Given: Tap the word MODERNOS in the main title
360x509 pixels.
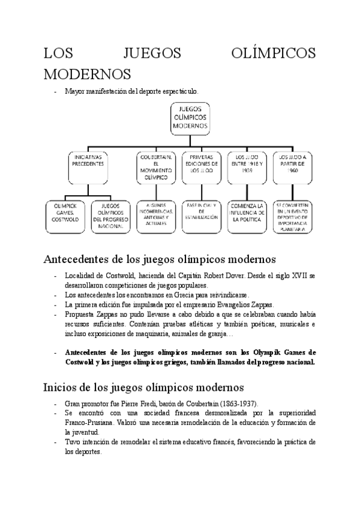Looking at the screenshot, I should (x=87, y=74).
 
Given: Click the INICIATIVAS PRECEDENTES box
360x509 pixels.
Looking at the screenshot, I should (x=88, y=168).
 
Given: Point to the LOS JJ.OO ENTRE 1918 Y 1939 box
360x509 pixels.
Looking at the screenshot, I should (x=246, y=168).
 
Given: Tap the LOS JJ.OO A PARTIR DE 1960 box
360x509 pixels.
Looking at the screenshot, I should (x=293, y=168).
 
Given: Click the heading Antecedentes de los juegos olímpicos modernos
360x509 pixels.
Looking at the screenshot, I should (x=160, y=259).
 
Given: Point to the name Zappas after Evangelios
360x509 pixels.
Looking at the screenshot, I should (x=261, y=304).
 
